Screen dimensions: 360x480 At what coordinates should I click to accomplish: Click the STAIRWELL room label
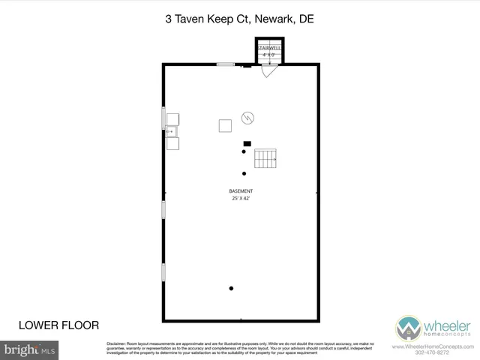(x=268, y=48)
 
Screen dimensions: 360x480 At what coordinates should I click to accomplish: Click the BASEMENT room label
(x=241, y=191)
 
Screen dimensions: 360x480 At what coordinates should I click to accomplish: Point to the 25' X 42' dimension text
(x=241, y=199)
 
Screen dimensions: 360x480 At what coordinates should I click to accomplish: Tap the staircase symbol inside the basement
(x=266, y=159)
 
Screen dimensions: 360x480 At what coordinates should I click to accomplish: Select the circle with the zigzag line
(x=247, y=118)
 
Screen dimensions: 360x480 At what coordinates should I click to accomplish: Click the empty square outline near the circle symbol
(x=225, y=126)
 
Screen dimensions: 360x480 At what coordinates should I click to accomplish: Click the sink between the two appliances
(x=172, y=131)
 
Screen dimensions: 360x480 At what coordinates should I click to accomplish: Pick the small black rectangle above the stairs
(x=247, y=143)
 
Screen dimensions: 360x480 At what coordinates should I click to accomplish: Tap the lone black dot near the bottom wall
(x=232, y=289)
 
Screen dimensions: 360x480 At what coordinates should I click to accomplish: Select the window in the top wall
(x=226, y=65)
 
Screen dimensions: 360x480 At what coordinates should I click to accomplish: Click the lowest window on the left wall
(x=163, y=271)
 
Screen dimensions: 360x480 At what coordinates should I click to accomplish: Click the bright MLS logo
(x=29, y=349)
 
